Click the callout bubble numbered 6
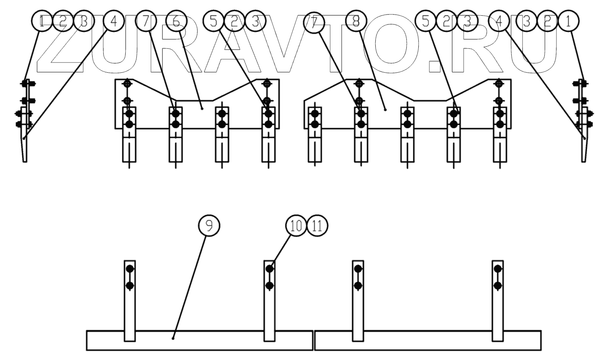[x=176, y=21]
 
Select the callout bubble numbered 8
[x=356, y=21]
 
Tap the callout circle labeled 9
[x=209, y=226]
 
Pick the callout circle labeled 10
[x=296, y=226]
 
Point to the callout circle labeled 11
[x=317, y=226]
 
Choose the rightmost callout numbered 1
[x=568, y=21]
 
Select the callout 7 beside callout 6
[x=146, y=21]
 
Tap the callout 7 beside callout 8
[x=314, y=21]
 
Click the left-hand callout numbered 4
[x=114, y=21]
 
